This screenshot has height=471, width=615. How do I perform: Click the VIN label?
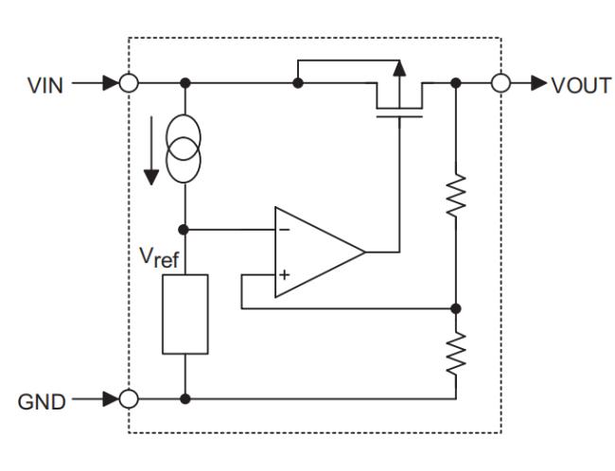(x=45, y=85)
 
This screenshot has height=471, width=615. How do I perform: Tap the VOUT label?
(x=581, y=85)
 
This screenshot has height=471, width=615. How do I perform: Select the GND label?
(x=42, y=402)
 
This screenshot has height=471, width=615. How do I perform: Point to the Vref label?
(x=159, y=257)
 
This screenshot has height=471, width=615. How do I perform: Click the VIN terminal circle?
(x=129, y=83)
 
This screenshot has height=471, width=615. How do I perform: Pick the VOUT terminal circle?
(x=501, y=83)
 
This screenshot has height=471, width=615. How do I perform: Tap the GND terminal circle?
(x=129, y=399)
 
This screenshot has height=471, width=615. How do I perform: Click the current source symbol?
(x=184, y=148)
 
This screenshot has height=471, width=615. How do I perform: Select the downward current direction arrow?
(x=151, y=150)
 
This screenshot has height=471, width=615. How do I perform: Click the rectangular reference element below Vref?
(x=185, y=314)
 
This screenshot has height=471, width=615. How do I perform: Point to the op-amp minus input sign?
(x=285, y=230)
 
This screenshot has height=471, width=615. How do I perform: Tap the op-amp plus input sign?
(x=285, y=274)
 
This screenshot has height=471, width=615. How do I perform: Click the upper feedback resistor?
(x=456, y=195)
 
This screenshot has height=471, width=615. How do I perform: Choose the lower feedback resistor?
(x=456, y=354)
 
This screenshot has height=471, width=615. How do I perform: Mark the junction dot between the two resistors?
(x=456, y=308)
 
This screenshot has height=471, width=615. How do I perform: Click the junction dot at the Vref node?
(x=184, y=230)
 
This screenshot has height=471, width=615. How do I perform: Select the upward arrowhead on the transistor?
(x=399, y=68)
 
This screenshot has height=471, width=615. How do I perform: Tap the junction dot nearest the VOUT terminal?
(x=456, y=83)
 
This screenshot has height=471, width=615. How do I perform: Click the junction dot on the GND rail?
(x=185, y=399)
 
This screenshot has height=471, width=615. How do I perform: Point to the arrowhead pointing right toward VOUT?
(x=539, y=83)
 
